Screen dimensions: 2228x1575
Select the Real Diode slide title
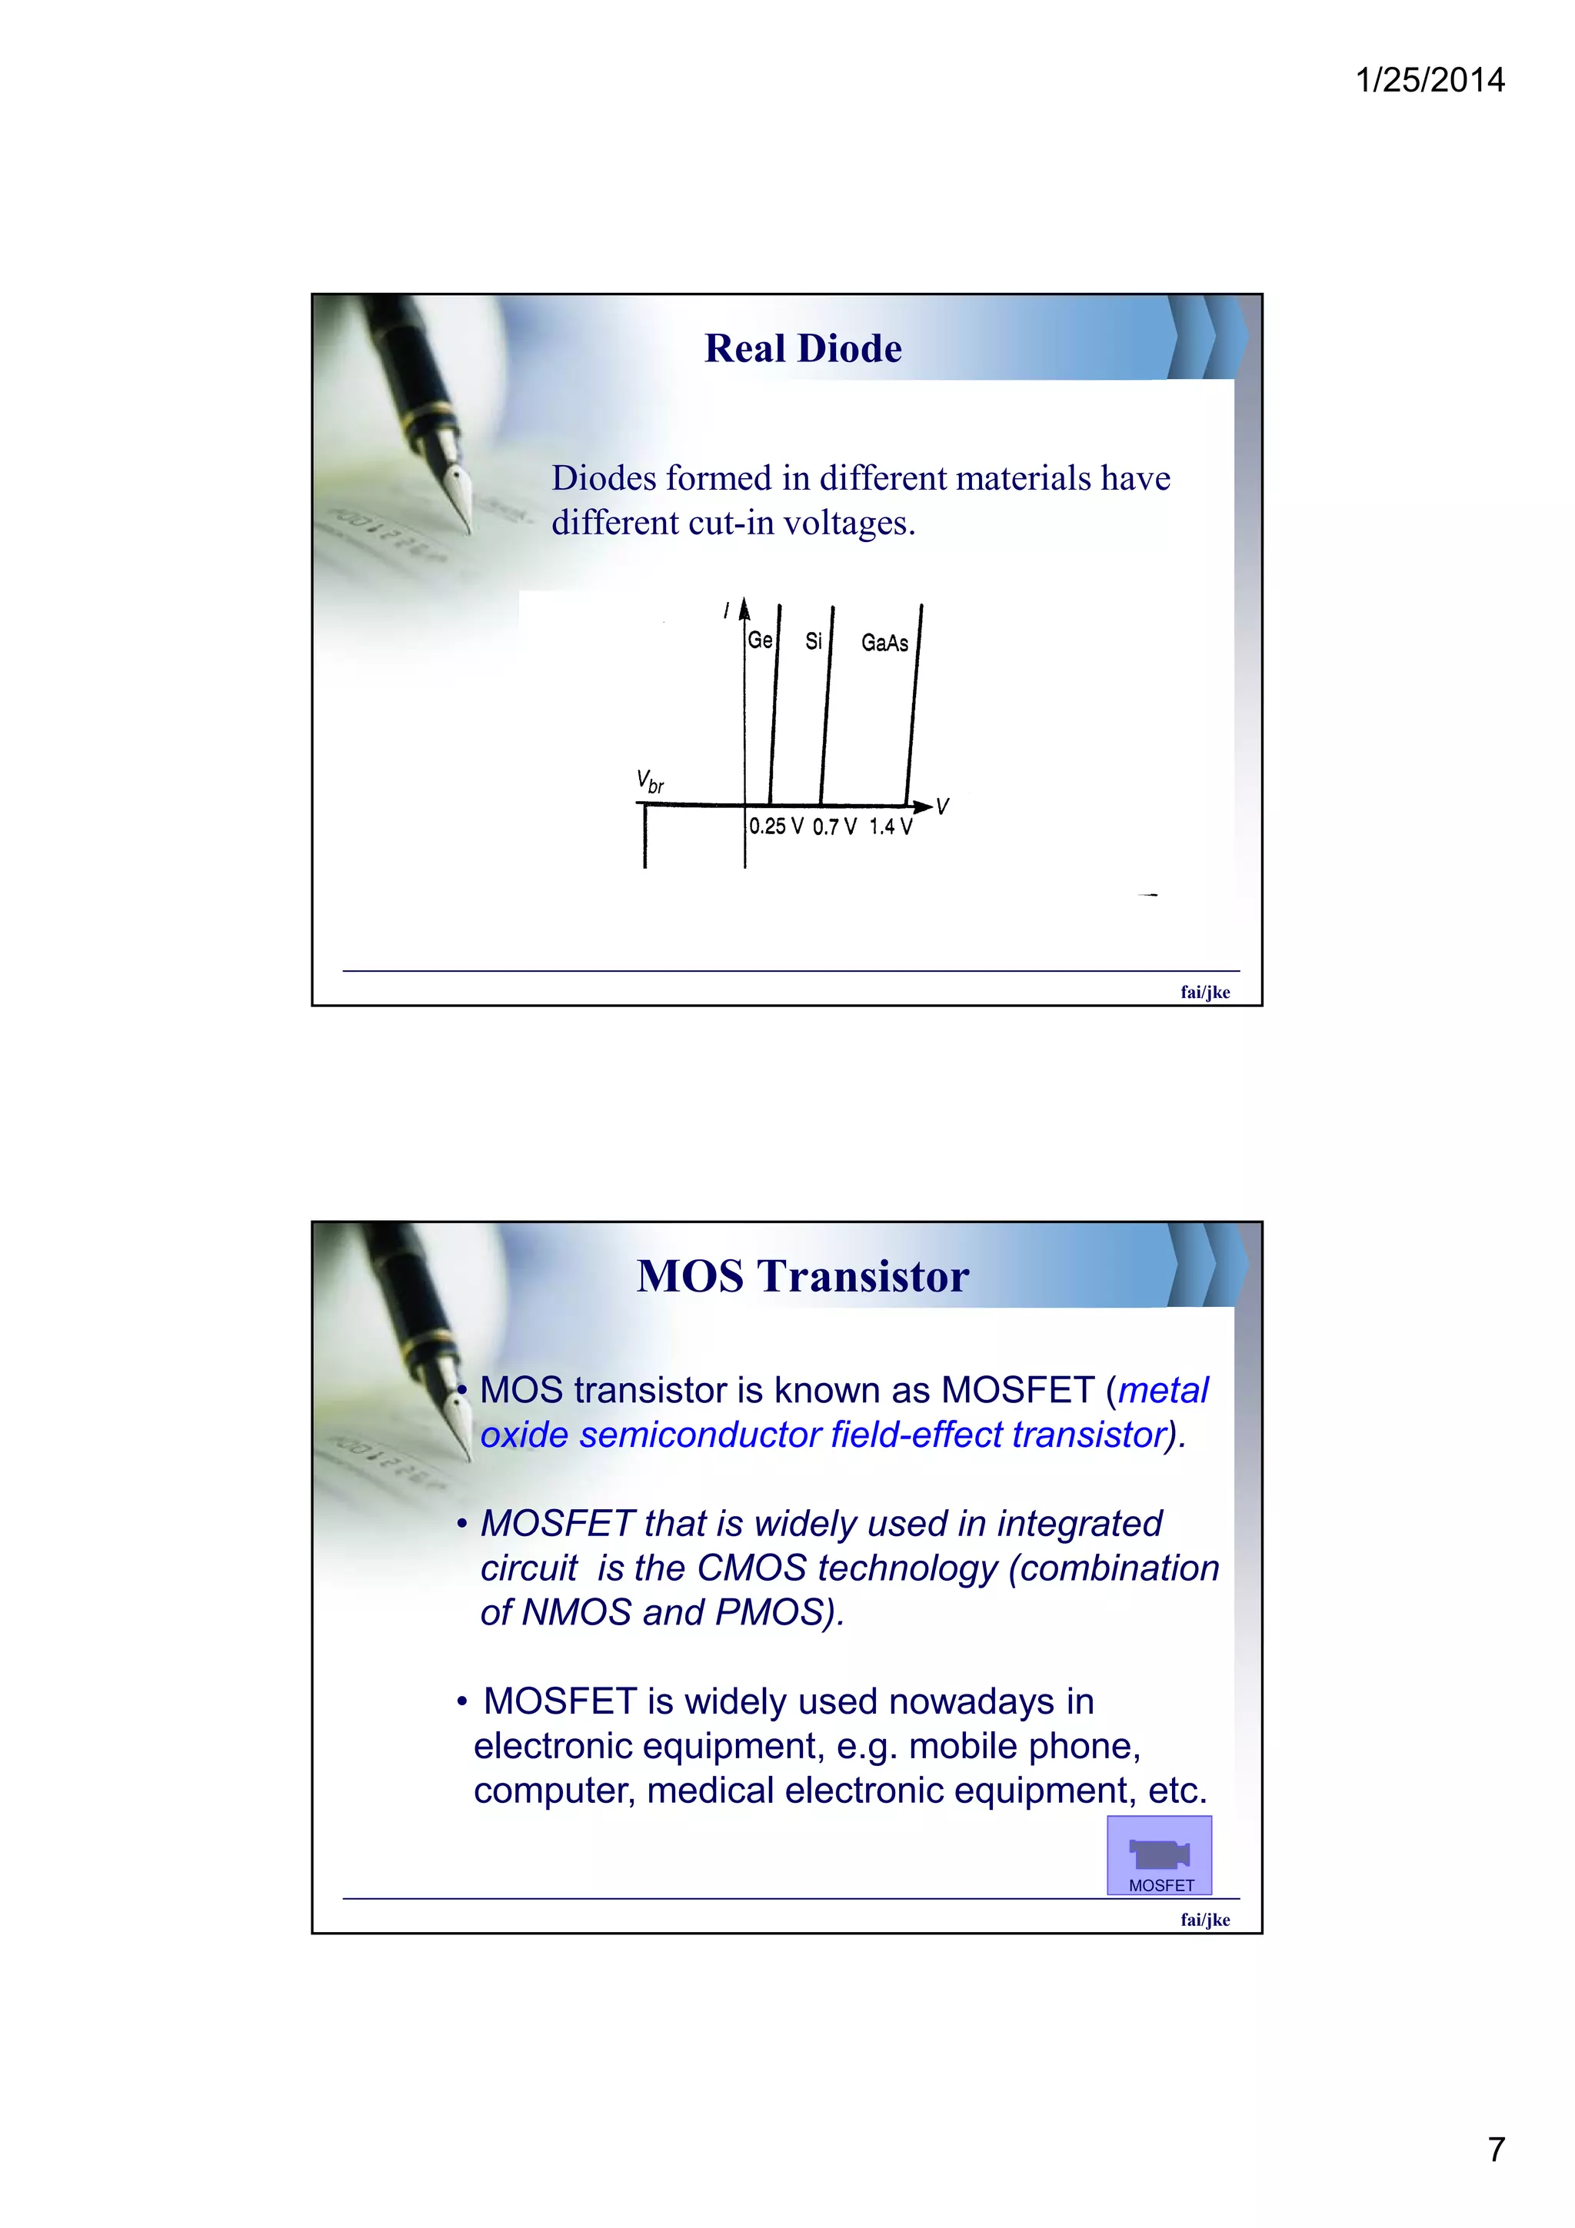coord(803,348)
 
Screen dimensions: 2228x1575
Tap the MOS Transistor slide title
coord(803,1276)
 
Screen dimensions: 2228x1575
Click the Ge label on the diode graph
coord(760,640)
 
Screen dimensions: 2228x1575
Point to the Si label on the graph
coord(813,641)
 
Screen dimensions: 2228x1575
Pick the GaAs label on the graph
coord(884,643)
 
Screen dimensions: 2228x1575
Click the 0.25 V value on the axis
coord(775,826)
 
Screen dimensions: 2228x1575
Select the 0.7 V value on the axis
coord(834,826)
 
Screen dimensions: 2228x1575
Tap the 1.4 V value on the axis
coord(890,826)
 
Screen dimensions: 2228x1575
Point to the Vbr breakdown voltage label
coord(650,780)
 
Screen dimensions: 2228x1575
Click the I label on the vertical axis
coord(726,610)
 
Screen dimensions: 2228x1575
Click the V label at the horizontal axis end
coord(942,806)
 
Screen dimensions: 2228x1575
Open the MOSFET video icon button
coord(1159,1855)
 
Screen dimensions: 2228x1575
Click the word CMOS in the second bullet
coord(752,1568)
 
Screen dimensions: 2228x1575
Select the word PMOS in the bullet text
coord(775,1612)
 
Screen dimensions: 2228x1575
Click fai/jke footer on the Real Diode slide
coord(1204,992)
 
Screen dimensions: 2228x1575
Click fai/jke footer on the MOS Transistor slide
coord(1204,1920)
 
